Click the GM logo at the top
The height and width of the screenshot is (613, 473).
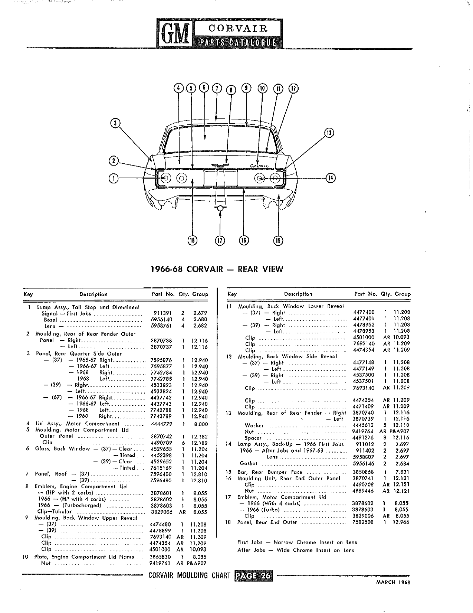[x=175, y=33]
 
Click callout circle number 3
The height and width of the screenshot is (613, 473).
[x=115, y=123]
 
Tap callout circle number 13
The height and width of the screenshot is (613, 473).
[x=329, y=133]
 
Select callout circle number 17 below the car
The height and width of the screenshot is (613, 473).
[x=220, y=241]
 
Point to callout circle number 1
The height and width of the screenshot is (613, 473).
[x=114, y=178]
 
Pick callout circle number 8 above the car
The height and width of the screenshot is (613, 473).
[x=231, y=90]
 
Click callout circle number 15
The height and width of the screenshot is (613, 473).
[x=278, y=241]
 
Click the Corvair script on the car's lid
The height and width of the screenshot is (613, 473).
[x=259, y=166]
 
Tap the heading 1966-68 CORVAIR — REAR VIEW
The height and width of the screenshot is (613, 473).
[x=217, y=269]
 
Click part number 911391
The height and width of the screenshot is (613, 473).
[x=162, y=313]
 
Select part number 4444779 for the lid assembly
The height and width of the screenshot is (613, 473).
[x=161, y=424]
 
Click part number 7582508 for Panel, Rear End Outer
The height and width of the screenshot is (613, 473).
[x=363, y=522]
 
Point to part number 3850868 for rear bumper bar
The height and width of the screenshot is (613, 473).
[x=363, y=472]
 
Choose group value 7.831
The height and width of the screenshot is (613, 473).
[x=402, y=472]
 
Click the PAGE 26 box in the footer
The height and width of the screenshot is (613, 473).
[x=253, y=575]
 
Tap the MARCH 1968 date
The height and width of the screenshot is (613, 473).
[x=393, y=582]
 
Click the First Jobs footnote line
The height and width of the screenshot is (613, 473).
[x=297, y=542]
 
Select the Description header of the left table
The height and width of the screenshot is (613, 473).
[x=93, y=294]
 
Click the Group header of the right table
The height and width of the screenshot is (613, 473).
[x=403, y=294]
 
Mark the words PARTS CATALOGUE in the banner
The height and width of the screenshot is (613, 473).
[x=238, y=42]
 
